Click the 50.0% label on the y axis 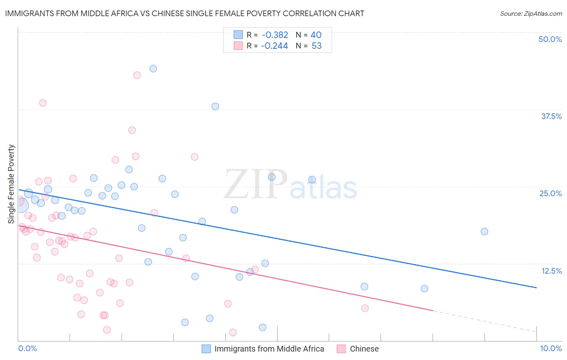[550, 39]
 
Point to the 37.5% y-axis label [551, 116]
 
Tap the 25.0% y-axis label [550, 193]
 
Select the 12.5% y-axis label [551, 271]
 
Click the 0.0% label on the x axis [27, 348]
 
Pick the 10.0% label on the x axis [550, 348]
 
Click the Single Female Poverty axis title [11, 184]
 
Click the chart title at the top [185, 13]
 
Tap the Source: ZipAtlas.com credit [531, 13]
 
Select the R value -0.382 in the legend [274, 35]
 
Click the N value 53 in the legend [317, 46]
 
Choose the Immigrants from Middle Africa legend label [269, 349]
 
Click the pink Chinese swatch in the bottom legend [341, 349]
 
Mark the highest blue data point [153, 69]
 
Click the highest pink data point [137, 75]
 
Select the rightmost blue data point [484, 232]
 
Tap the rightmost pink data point [365, 308]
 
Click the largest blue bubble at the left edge [21, 205]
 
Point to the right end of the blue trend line [536, 288]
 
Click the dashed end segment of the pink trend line [484, 321]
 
